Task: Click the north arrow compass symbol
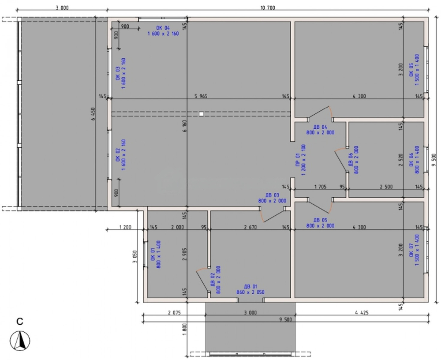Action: pos(20,341)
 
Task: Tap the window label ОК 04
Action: pos(163,28)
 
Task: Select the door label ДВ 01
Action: pos(250,286)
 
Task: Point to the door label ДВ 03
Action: pos(272,195)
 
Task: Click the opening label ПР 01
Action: pos(298,160)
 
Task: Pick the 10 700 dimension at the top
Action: pos(268,7)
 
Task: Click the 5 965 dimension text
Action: pos(201,96)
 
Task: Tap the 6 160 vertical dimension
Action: pos(184,126)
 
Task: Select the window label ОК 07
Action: pos(411,250)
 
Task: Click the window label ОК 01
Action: pos(153,254)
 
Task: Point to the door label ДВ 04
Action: pos(320,127)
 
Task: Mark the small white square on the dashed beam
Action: pos(201,114)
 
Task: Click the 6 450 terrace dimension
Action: pos(93,114)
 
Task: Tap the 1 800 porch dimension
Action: pos(184,329)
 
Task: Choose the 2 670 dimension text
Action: pos(250,227)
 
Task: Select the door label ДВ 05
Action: pos(320,220)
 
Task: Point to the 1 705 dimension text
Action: pos(320,187)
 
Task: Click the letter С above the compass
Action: pos(20,322)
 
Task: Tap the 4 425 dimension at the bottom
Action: pos(362,312)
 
